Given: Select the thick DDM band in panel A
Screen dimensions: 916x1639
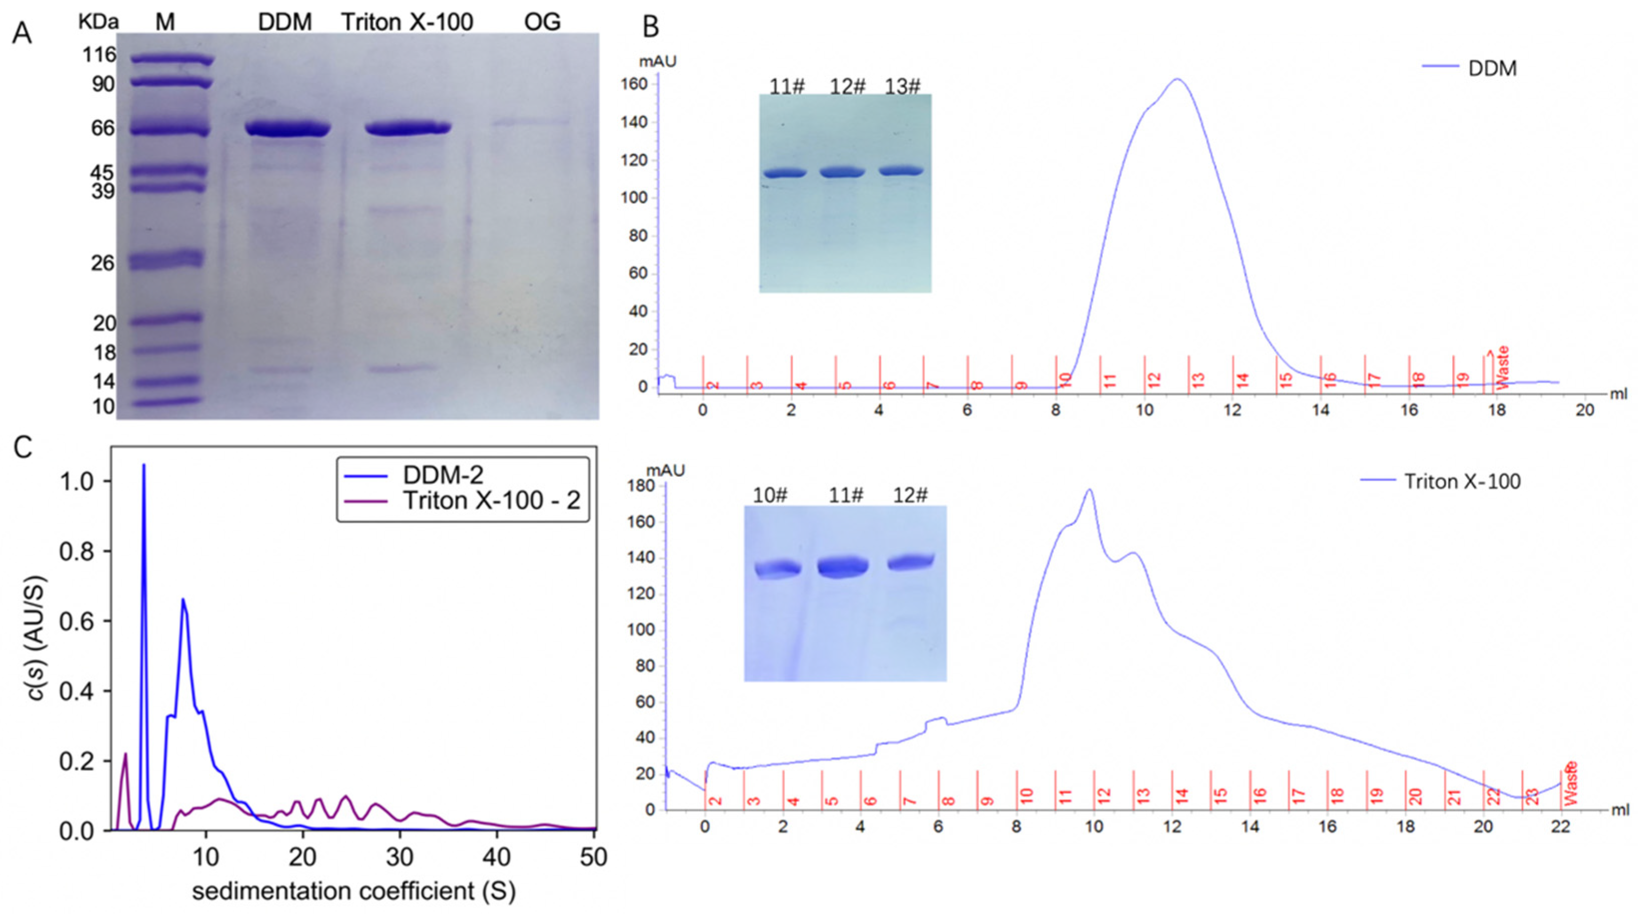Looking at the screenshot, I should click(288, 129).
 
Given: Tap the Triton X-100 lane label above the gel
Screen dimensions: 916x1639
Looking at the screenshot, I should click(407, 22).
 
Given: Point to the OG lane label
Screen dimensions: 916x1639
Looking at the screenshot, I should click(542, 22).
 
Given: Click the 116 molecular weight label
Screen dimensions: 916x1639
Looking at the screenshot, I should click(99, 55).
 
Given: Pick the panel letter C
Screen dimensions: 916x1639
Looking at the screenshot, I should click(23, 448).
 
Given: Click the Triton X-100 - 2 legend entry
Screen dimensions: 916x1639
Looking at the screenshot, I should click(491, 501).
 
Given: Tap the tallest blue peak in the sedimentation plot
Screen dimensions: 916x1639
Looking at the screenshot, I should click(144, 466).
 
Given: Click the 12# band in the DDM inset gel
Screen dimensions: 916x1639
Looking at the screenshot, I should click(842, 172).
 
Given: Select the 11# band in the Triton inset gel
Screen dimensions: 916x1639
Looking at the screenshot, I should click(842, 566).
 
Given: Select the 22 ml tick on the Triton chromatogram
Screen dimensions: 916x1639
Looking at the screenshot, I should click(1561, 827).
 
